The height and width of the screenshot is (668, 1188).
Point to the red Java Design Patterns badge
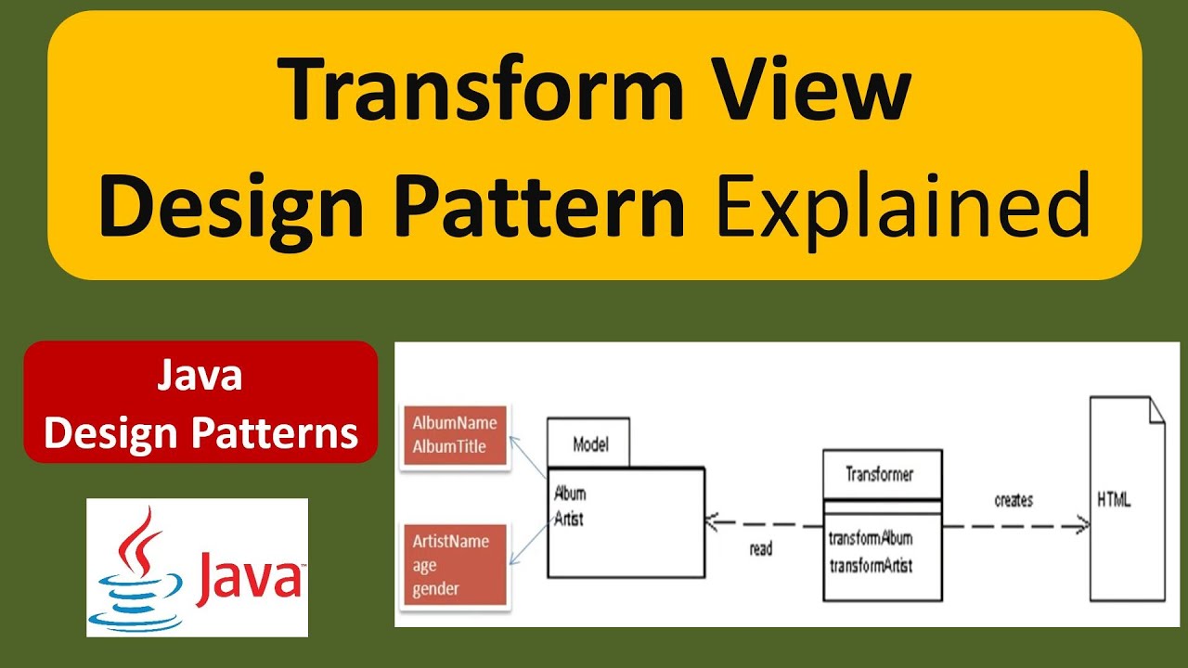[x=200, y=402]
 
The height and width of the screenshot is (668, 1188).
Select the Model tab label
[x=590, y=443]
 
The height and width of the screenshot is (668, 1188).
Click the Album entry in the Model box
[x=570, y=493]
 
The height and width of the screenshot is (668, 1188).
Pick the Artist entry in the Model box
[x=569, y=519]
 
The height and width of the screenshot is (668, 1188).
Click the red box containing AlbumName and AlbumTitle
[x=455, y=434]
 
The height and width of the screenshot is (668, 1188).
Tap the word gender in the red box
[x=436, y=588]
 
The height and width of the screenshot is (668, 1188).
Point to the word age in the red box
[x=424, y=565]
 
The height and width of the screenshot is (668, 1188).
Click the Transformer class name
[x=879, y=474]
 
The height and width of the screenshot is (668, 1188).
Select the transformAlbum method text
[x=871, y=538]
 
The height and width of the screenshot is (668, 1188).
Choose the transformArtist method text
[x=871, y=564]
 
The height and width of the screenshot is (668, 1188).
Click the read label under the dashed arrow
[x=760, y=549]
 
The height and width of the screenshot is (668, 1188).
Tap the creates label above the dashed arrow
[x=1014, y=500]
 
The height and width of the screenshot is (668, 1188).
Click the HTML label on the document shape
[x=1114, y=499]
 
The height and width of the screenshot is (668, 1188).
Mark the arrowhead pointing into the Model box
[x=711, y=522]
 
